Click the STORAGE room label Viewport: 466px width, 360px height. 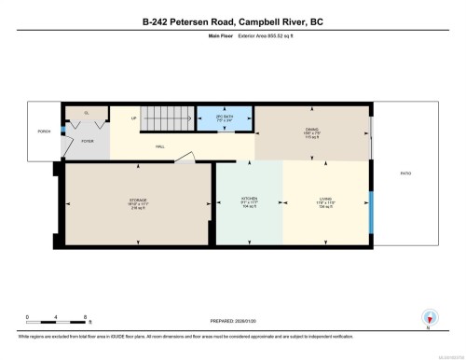pyautogui.click(x=138, y=199)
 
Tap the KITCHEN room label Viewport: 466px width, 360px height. pyautogui.click(x=250, y=199)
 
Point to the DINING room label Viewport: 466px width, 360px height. pyautogui.click(x=312, y=130)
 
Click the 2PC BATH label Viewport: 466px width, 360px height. pyautogui.click(x=225, y=118)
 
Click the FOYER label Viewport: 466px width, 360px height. pyautogui.click(x=87, y=141)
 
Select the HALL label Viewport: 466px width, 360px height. pyautogui.click(x=159, y=146)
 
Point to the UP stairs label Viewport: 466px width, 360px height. pyautogui.click(x=133, y=118)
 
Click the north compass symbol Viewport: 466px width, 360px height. pyautogui.click(x=429, y=317)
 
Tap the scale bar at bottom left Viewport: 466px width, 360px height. pyautogui.click(x=56, y=321)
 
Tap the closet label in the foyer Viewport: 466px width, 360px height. pyautogui.click(x=87, y=113)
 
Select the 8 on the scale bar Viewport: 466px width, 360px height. pyautogui.click(x=86, y=316)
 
